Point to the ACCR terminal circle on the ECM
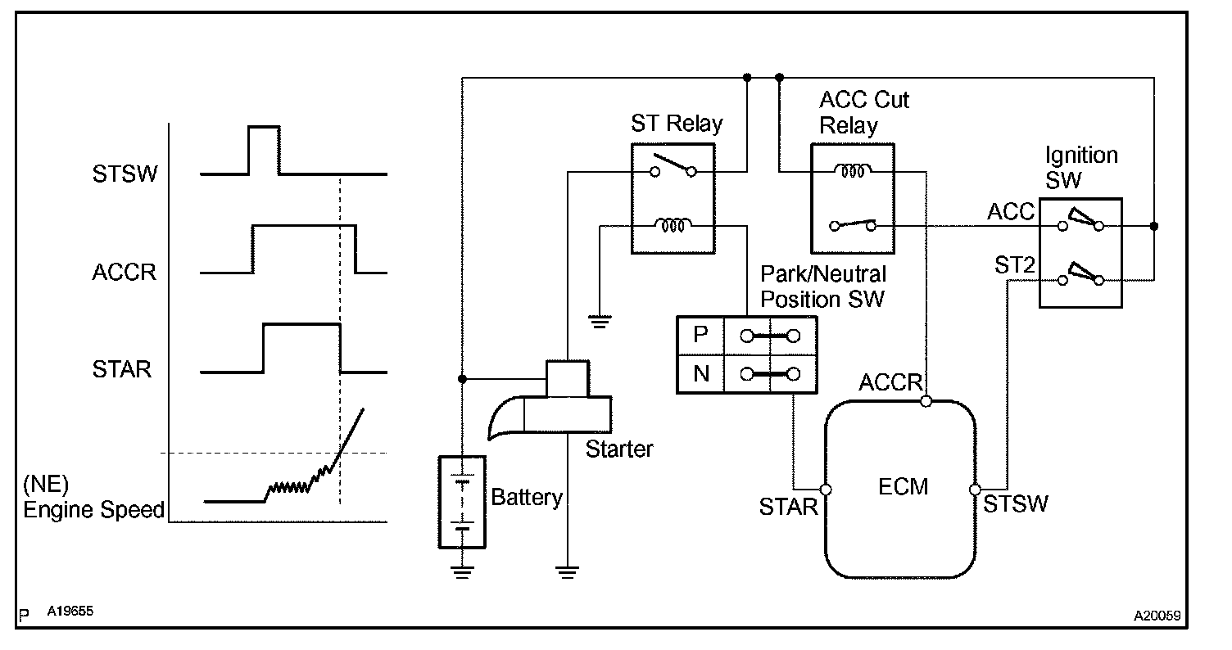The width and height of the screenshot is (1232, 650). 926,401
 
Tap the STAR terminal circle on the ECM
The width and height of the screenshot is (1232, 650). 826,490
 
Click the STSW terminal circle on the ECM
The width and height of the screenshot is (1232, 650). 975,490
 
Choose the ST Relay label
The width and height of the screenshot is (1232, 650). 677,124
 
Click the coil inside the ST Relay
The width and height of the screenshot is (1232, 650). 673,224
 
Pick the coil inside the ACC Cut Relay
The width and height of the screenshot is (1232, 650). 852,172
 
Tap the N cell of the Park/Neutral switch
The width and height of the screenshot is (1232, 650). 700,374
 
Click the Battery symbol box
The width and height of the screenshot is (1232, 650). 463,501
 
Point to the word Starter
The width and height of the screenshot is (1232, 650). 619,449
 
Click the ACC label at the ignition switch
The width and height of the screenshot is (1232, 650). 1011,213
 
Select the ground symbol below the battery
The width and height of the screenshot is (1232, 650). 463,572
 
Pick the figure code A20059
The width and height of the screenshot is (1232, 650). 1157,615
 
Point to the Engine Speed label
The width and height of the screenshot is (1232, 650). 93,511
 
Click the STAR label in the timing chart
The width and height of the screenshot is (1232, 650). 122,369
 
